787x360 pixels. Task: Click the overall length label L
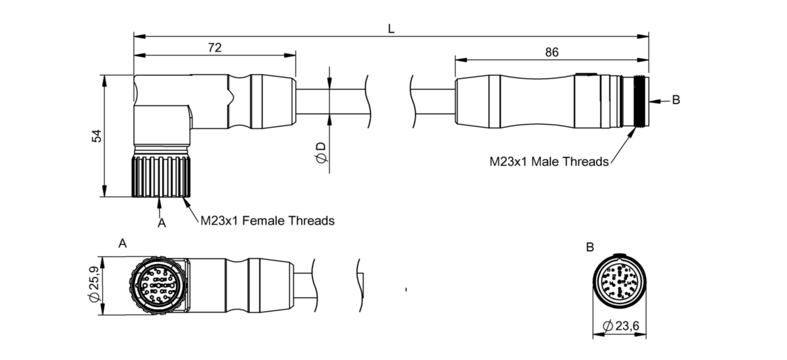pos(391,29)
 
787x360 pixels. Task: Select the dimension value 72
pos(214,48)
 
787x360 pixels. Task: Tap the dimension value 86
pos(551,52)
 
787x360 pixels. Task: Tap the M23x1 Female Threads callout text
pos(267,220)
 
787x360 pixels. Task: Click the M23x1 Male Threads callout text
pos(549,161)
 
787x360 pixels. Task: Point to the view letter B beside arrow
pos(676,100)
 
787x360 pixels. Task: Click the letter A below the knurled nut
pos(161,224)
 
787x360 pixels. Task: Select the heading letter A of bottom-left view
pos(122,244)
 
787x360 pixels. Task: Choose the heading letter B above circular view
pos(590,247)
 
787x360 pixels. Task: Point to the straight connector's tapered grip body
pos(513,101)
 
